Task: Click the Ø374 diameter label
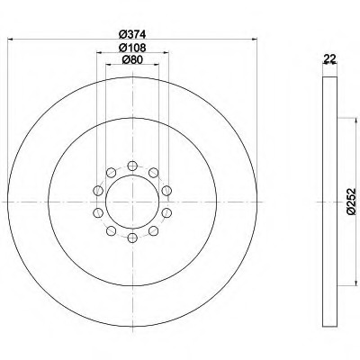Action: pos(132,34)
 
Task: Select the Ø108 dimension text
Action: pos(132,48)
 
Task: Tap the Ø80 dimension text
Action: pos(132,60)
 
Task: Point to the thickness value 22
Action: pos(329,58)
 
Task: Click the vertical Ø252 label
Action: pos(351,202)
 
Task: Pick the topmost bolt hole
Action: pos(132,166)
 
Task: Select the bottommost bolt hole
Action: pos(132,238)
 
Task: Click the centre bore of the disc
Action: pos(132,202)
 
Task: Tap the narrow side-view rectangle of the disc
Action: pos(329,202)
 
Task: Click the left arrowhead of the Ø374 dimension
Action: pos(11,39)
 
